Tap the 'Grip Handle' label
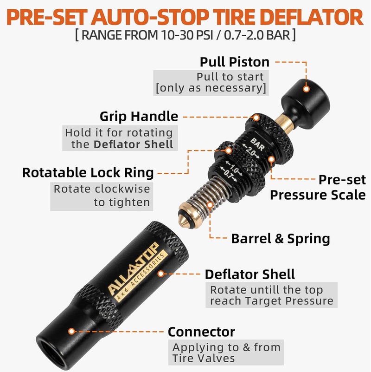click(139, 116)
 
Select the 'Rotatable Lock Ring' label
click(88, 173)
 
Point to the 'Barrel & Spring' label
click(281, 239)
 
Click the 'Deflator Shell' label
click(250, 274)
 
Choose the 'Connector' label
click(201, 332)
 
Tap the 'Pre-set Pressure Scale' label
click(318, 187)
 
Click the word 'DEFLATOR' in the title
click(313, 17)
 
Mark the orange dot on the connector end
click(71, 332)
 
